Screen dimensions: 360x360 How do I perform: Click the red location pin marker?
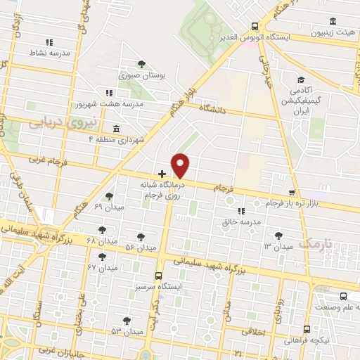tap(181, 165)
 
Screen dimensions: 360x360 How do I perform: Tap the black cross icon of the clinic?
tap(162, 173)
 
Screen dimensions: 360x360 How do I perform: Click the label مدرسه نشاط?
tap(48, 53)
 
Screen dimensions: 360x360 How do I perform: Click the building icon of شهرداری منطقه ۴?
tap(115, 129)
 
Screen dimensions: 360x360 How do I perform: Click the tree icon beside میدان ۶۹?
tap(108, 196)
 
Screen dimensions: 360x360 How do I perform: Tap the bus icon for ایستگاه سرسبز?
tap(158, 276)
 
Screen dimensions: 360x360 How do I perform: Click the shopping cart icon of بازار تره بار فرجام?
tap(292, 193)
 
